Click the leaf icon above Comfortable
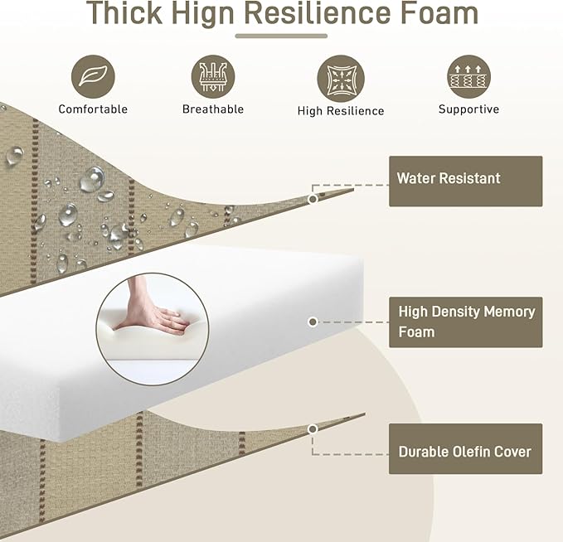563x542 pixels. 93,76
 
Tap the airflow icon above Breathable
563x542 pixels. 213,76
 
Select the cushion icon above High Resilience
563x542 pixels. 341,78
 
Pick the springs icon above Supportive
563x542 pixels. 468,76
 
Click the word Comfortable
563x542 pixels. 93,109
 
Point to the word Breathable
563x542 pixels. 213,109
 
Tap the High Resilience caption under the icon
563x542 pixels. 341,111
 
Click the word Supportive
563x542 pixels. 468,109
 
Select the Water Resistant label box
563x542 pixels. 466,181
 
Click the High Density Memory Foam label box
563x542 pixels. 466,322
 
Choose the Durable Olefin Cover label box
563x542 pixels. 466,448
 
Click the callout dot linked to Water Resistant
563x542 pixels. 313,199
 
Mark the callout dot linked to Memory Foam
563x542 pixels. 313,322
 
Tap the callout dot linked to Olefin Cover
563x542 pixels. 313,429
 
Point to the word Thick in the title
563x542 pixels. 124,13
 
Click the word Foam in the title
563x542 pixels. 439,13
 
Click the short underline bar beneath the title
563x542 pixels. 281,36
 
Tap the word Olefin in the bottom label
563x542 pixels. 472,452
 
